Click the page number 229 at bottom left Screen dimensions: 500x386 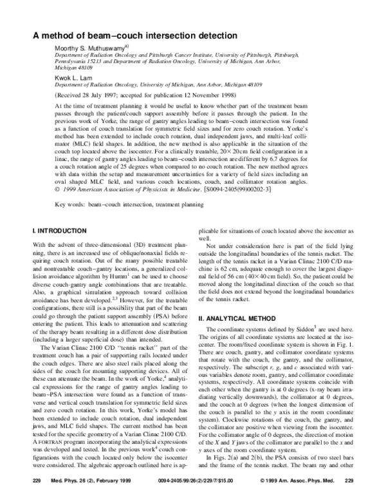37,481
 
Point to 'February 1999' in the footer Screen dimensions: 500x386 103,481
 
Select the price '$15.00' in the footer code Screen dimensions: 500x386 214,481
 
